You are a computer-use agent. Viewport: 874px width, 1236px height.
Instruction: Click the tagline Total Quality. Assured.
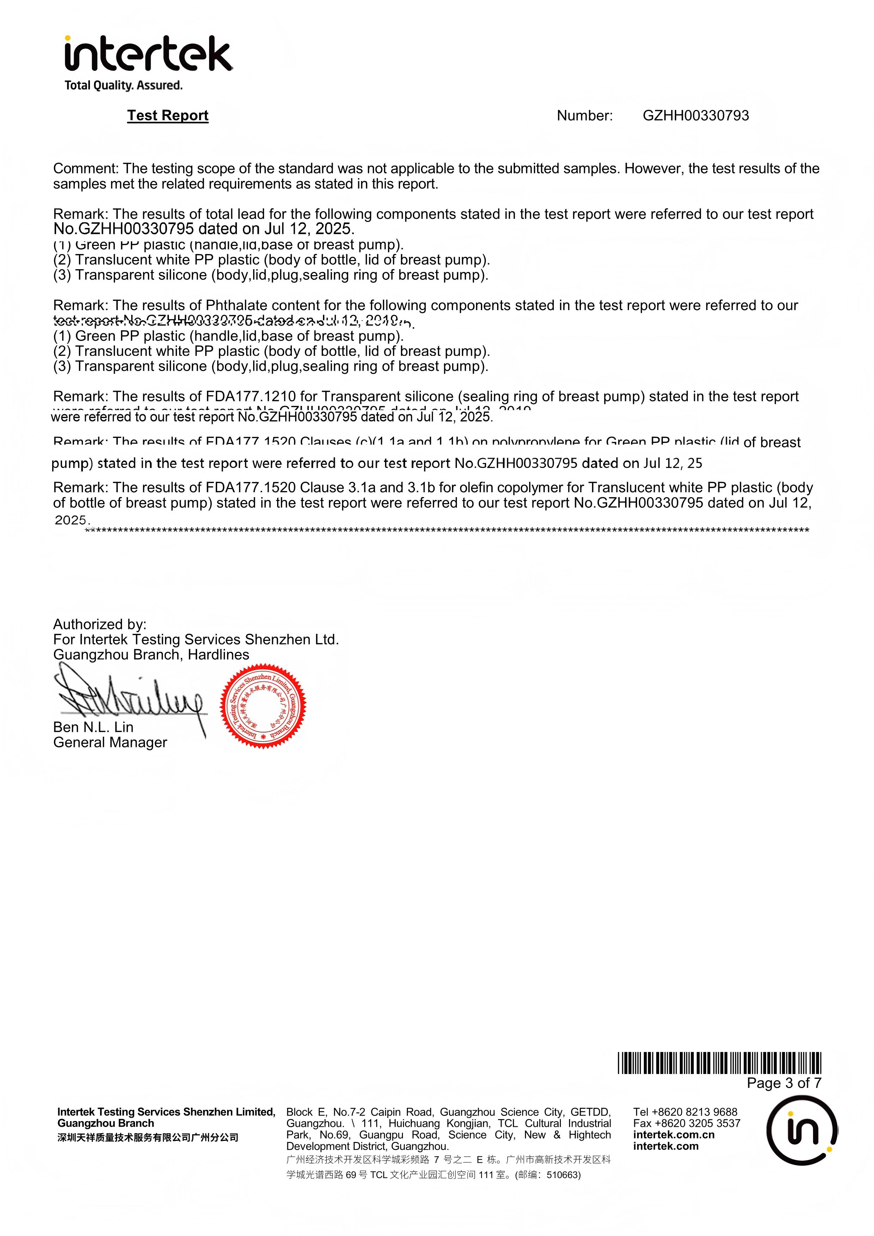pos(123,85)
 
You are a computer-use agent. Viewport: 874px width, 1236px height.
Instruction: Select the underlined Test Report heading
pos(167,116)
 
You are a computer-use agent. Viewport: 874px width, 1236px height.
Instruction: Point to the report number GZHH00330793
pos(695,116)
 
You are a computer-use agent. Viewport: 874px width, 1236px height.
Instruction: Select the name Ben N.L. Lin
pos(93,727)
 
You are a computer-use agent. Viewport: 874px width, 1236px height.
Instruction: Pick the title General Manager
pos(110,742)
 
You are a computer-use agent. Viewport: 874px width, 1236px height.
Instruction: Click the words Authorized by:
pos(100,624)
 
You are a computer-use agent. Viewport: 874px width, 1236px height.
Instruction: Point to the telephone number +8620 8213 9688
pos(695,1112)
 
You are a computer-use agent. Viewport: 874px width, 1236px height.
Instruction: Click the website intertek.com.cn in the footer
pos(674,1135)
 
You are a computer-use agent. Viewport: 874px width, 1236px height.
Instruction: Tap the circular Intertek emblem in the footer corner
pos(802,1131)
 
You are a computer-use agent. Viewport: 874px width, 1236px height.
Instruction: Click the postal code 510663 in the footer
pos(563,1175)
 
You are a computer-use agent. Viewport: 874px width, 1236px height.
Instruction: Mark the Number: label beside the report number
pos(584,116)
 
